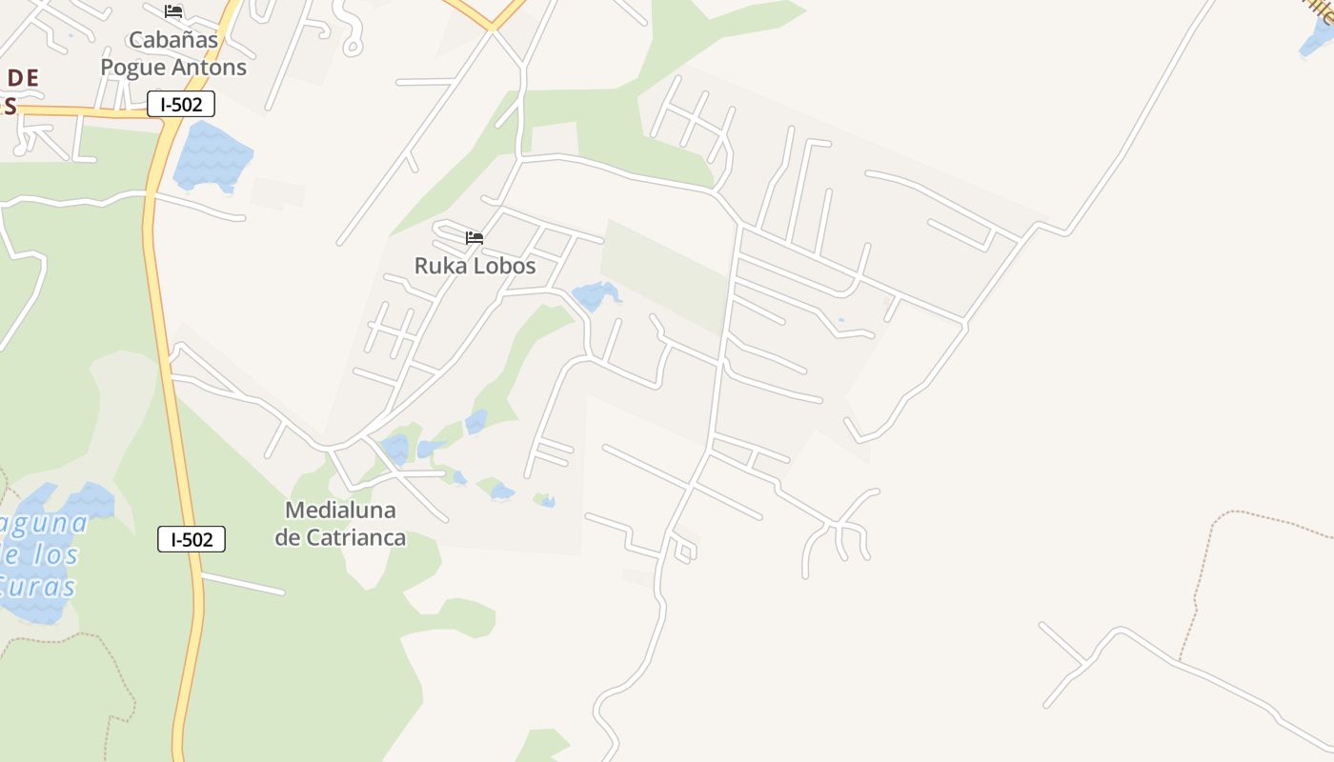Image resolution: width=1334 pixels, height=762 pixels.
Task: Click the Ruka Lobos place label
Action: click(x=475, y=266)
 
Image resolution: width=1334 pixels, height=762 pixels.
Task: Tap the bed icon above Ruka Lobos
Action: click(x=475, y=237)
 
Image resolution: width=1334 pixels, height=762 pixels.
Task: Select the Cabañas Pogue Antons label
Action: click(x=173, y=53)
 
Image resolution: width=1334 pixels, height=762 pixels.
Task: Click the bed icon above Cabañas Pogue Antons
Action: click(x=173, y=11)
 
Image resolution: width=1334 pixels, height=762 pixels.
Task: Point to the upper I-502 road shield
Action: click(x=181, y=105)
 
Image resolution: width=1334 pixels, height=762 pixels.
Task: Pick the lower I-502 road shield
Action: click(x=192, y=540)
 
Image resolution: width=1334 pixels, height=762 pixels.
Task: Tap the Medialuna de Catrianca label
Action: click(x=340, y=524)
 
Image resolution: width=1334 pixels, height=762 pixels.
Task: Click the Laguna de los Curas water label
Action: click(x=38, y=554)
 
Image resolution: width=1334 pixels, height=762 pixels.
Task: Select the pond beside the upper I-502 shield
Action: click(x=212, y=155)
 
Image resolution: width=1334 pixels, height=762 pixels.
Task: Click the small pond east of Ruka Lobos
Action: click(x=595, y=295)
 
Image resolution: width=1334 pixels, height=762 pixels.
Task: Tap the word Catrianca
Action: click(x=354, y=537)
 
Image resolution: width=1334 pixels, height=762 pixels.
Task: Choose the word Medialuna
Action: click(x=340, y=511)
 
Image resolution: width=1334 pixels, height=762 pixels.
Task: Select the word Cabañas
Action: click(x=173, y=40)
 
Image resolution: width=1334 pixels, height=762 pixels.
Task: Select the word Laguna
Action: click(x=43, y=524)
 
